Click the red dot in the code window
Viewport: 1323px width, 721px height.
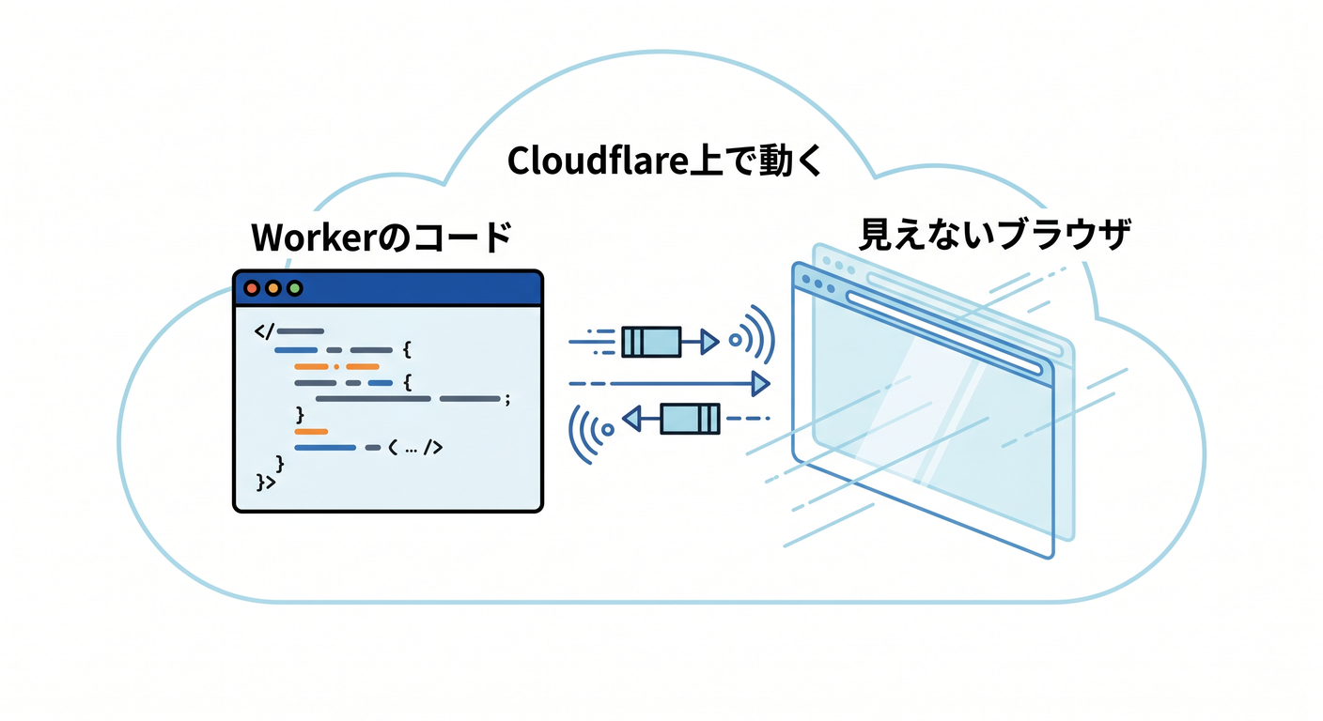[252, 288]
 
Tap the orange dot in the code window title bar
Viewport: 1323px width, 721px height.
[272, 288]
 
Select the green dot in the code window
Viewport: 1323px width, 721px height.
[294, 288]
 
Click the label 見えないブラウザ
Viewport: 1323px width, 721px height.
[995, 235]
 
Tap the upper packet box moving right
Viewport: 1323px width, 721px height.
[651, 342]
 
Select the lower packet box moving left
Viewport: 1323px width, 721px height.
[690, 419]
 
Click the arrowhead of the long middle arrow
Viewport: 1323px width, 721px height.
[761, 384]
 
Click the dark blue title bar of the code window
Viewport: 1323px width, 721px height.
[388, 288]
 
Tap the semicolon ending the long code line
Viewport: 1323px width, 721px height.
[506, 400]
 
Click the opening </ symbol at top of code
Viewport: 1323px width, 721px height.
[264, 331]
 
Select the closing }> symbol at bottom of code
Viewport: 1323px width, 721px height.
[266, 482]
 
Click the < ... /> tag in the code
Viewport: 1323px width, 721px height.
[415, 449]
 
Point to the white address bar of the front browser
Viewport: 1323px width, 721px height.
[943, 332]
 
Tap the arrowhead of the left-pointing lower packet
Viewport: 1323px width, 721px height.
[632, 419]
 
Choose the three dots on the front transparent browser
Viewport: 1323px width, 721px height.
[818, 284]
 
